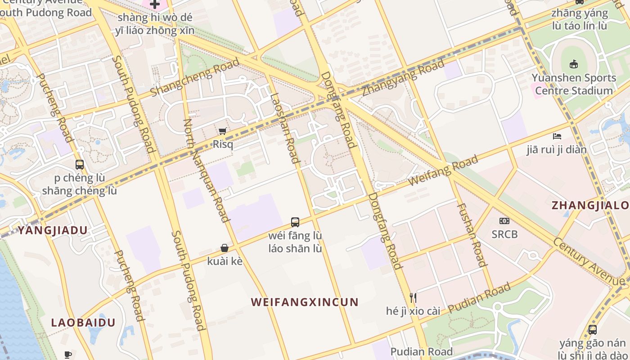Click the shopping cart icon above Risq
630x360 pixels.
222,131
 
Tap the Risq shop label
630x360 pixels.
223,144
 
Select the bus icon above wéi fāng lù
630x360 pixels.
295,222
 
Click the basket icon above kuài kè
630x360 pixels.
225,248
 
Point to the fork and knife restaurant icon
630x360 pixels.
413,297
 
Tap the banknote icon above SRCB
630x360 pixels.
504,221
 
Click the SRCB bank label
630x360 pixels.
504,234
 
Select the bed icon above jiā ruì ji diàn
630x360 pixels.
557,136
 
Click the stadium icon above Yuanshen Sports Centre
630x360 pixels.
574,64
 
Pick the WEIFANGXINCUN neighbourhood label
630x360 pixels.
305,302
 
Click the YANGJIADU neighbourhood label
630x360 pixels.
53,230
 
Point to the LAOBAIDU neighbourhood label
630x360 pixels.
83,323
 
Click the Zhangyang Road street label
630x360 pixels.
403,78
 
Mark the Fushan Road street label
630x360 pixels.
472,234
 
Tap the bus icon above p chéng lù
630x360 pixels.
80,165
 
